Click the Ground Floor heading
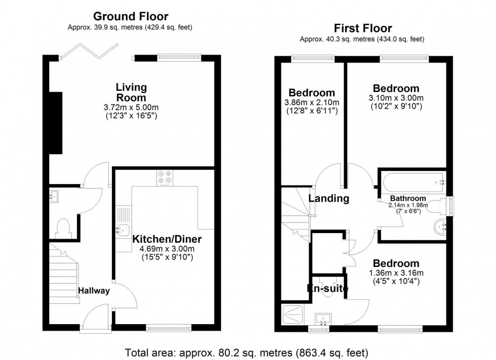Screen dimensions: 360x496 click(x=131, y=17)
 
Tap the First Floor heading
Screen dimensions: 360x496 click(x=362, y=28)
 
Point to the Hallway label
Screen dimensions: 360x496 click(x=94, y=291)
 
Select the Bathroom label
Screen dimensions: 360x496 click(x=408, y=198)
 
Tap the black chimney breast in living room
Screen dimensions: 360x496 click(x=56, y=123)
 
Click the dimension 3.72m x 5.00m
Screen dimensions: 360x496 click(x=131, y=108)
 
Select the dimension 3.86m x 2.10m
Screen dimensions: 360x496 click(x=311, y=102)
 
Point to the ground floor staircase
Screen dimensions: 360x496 click(x=64, y=273)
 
